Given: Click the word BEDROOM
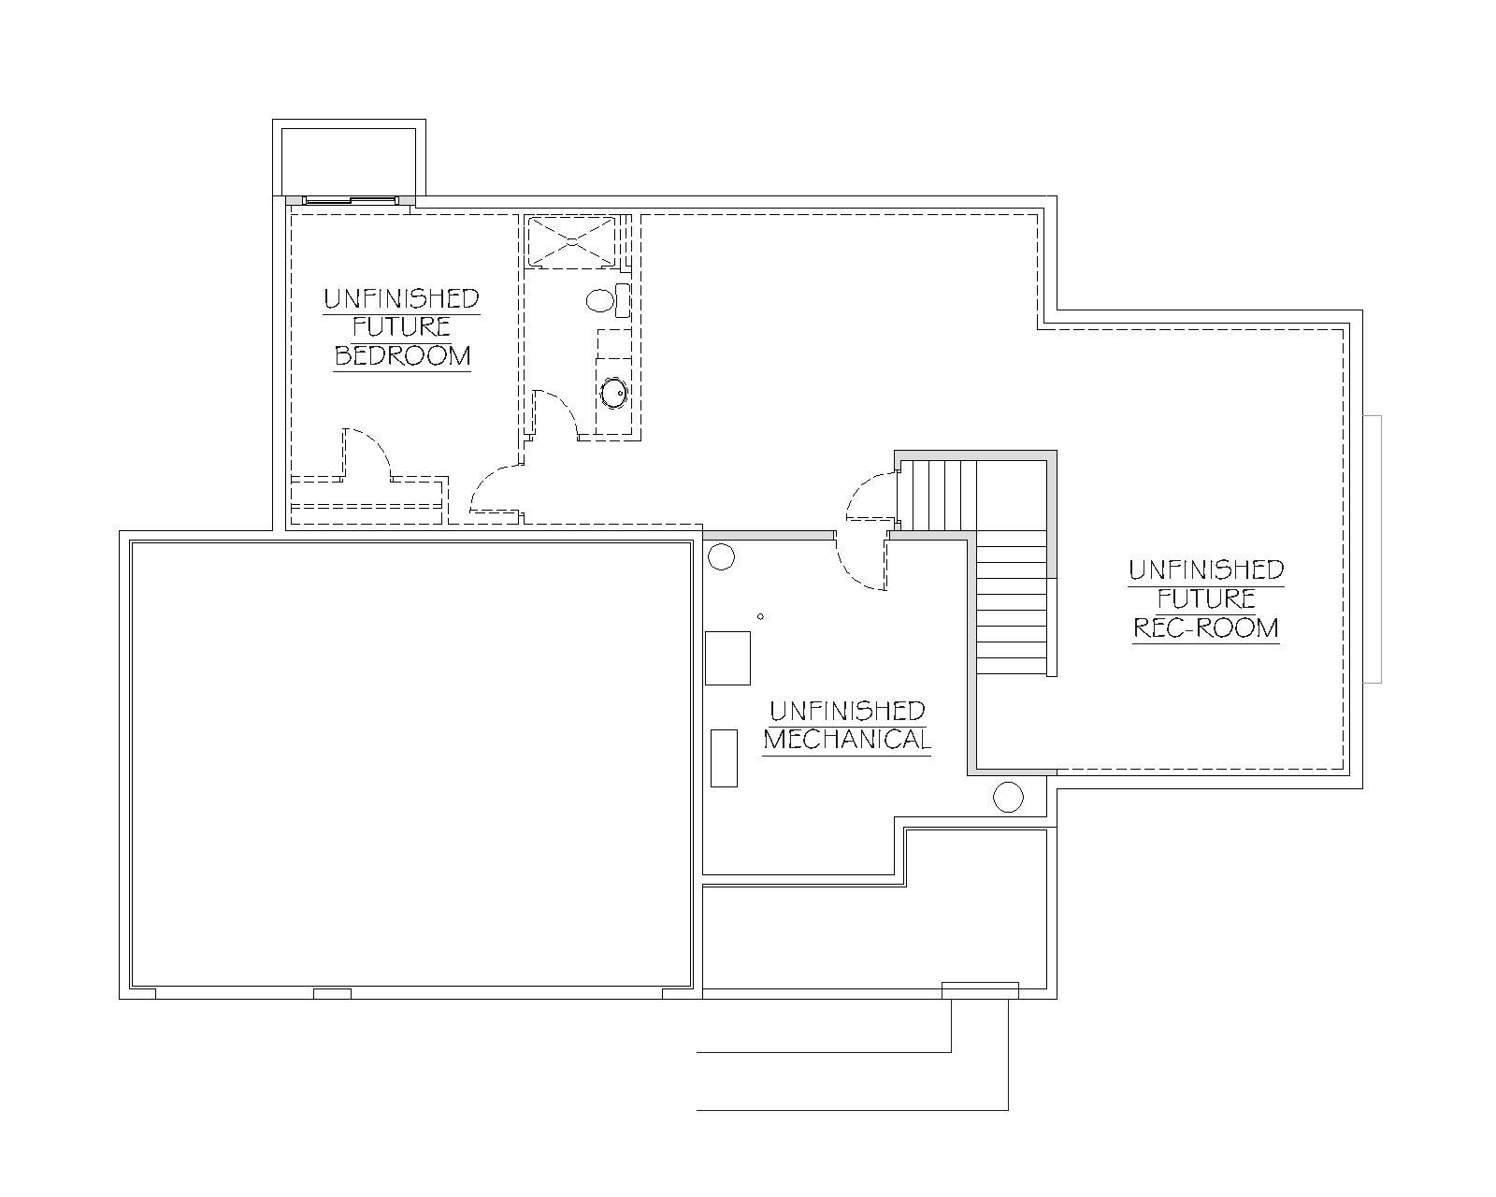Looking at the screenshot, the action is point(402,355).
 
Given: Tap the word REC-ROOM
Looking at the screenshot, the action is point(1206,627).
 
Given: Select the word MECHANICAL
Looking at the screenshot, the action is point(847,740).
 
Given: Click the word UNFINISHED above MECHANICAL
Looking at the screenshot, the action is point(847,711).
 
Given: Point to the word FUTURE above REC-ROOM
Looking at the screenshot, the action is point(1206,598).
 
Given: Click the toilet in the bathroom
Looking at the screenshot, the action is point(609,300).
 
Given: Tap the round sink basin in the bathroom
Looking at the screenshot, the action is point(614,392).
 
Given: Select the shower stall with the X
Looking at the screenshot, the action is point(571,240).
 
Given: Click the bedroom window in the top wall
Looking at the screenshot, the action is point(351,200).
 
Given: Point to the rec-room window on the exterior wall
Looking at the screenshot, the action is point(1373,549).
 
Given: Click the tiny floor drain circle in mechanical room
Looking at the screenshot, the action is point(760,616).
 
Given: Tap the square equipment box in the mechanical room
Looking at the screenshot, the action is point(727,658).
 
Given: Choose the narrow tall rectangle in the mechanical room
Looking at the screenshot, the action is point(724,757).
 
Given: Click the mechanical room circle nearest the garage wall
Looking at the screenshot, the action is point(721,556).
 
